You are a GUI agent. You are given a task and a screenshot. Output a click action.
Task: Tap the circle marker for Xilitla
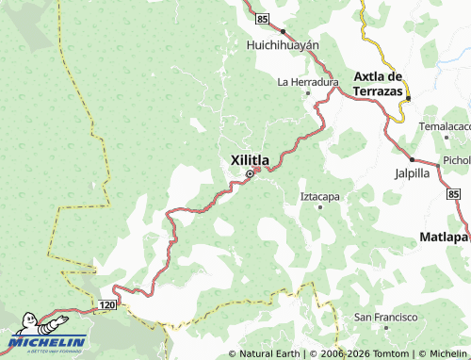click(x=250, y=174)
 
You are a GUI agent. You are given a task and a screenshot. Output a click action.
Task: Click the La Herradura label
click(x=307, y=82)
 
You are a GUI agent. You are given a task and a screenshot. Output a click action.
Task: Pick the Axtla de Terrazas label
click(x=378, y=83)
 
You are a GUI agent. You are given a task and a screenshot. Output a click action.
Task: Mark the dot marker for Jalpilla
click(x=412, y=159)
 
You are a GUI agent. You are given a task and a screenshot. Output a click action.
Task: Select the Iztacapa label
click(x=319, y=196)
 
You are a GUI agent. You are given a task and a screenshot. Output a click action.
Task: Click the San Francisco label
click(x=383, y=319)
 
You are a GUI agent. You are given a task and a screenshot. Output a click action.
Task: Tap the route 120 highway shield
click(x=106, y=305)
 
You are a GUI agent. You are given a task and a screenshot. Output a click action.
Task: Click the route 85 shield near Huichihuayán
click(x=262, y=18)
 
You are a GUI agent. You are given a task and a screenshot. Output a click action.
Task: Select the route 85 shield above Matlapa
click(x=454, y=194)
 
